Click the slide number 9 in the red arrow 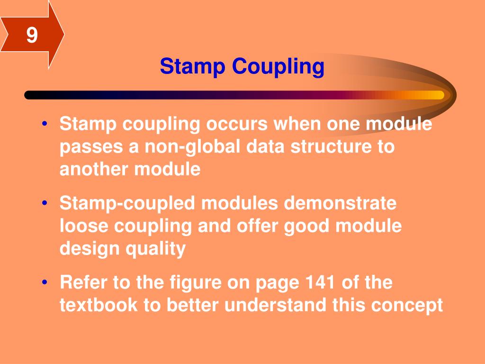(32, 35)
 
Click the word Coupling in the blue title (278, 67)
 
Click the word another (95, 169)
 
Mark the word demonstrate (340, 204)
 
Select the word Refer (83, 283)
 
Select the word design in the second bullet (88, 249)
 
